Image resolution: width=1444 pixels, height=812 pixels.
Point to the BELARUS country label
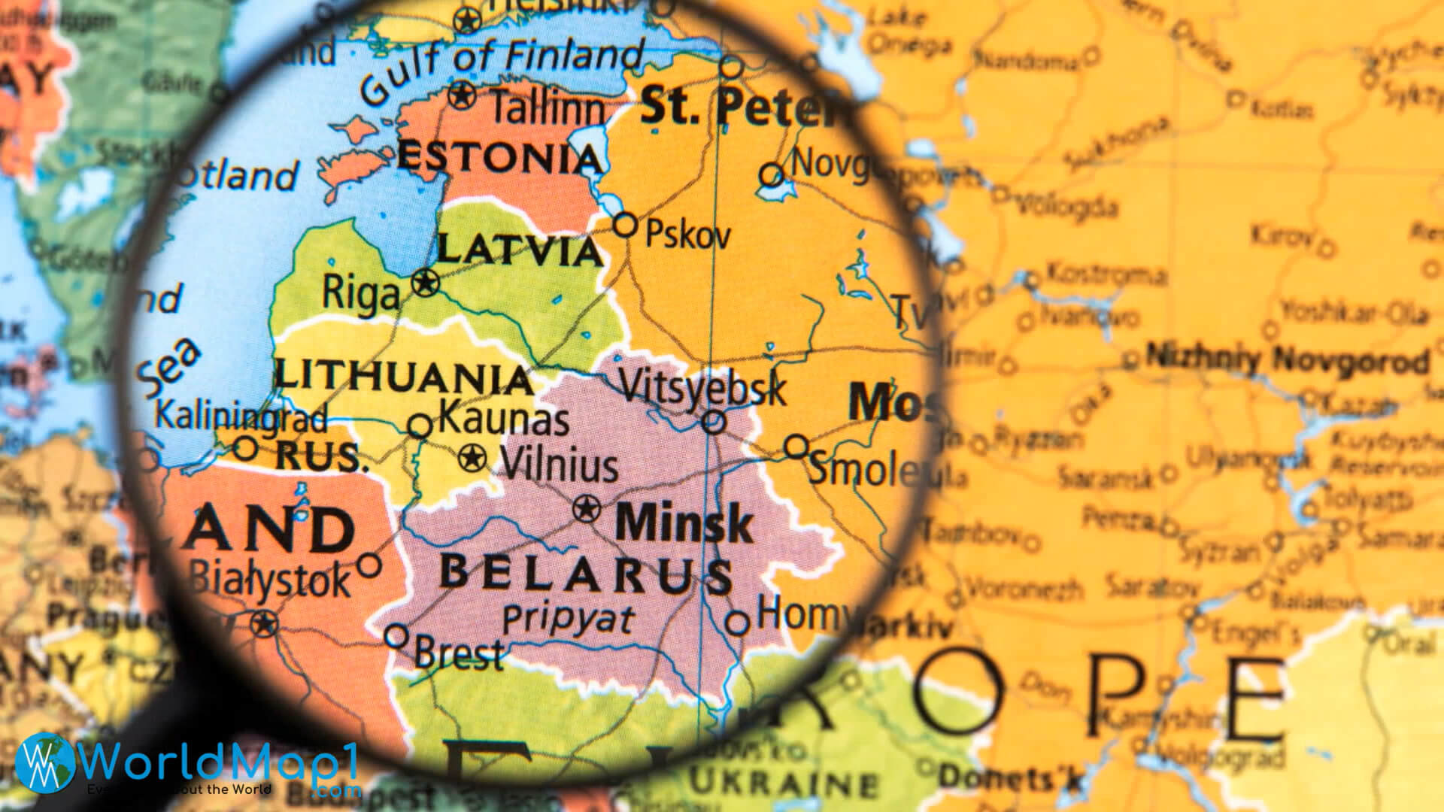586,574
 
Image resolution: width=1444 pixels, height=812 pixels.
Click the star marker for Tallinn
462,95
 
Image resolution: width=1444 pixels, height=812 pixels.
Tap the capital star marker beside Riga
426,283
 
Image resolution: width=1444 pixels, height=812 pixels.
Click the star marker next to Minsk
587,510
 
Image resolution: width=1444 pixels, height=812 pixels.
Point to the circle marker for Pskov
626,224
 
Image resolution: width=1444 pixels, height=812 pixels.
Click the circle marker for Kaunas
420,426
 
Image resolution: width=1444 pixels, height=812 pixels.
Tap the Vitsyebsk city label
702,389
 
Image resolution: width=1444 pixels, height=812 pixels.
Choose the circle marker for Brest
396,636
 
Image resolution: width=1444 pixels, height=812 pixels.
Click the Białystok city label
269,579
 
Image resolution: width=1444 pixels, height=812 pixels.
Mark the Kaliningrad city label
241,415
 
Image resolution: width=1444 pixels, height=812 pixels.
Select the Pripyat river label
569,620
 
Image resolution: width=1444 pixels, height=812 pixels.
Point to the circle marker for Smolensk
796,447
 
